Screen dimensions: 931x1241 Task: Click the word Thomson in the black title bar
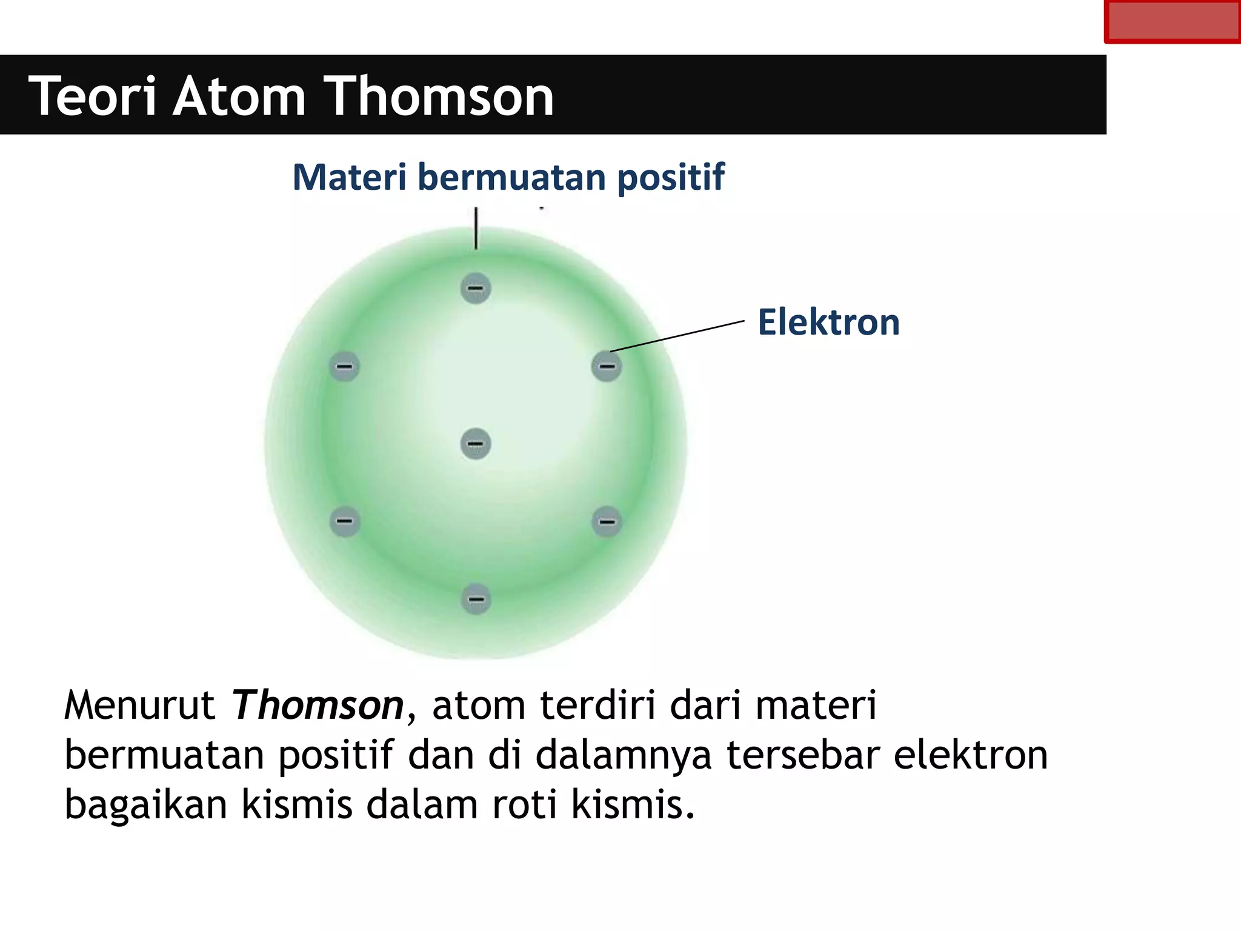point(441,96)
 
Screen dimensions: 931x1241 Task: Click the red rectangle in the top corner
point(1172,22)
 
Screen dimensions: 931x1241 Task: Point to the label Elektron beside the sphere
point(828,322)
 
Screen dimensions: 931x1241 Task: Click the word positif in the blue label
point(670,177)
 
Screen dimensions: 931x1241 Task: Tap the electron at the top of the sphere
point(476,289)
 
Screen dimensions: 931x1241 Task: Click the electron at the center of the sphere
point(476,444)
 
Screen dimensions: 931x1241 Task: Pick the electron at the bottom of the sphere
point(476,599)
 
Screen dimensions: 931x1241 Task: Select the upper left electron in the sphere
point(344,367)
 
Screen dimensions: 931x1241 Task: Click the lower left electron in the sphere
point(344,521)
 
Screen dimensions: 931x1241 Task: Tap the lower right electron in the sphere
point(607,521)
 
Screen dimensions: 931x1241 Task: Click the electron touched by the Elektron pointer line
point(607,367)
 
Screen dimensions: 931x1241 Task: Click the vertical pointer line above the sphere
point(476,229)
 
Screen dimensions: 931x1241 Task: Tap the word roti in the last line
point(524,804)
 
